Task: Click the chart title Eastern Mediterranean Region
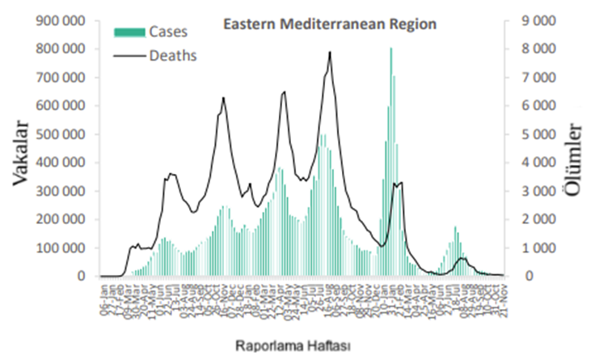[x=330, y=24]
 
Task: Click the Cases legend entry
[x=167, y=32]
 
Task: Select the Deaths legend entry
[x=173, y=56]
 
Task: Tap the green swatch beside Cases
[x=129, y=32]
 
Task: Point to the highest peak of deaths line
[x=330, y=53]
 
